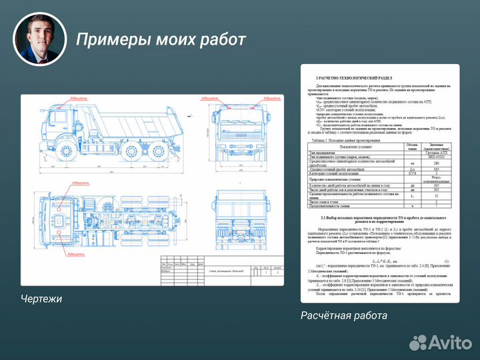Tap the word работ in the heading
pyautogui.click(x=223, y=39)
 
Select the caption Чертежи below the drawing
pyautogui.click(x=41, y=299)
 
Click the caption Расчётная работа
pyautogui.click(x=343, y=315)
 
